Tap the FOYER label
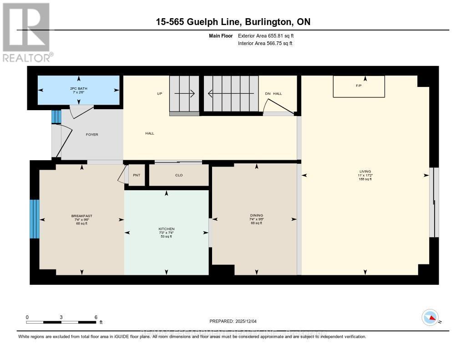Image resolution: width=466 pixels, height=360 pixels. point(92,135)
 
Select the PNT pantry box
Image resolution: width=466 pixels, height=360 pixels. point(136,175)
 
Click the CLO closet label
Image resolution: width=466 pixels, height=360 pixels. point(179,175)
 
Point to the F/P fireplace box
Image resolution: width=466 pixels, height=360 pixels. point(359,86)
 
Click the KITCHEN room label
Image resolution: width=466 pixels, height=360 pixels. point(167,229)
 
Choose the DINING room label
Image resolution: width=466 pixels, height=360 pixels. point(257,216)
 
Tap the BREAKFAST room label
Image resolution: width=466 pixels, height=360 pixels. point(82,216)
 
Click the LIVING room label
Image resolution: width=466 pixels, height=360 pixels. point(365,172)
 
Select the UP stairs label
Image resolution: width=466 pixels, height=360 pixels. point(160,94)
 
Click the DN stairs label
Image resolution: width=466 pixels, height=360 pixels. point(268,94)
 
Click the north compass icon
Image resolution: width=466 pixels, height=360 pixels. point(430,318)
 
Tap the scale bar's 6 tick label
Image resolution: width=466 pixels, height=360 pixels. point(96,317)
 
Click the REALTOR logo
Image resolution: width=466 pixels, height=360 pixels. point(26,32)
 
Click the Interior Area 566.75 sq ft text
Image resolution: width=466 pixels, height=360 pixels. point(265,44)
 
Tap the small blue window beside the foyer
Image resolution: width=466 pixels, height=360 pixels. point(56,117)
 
